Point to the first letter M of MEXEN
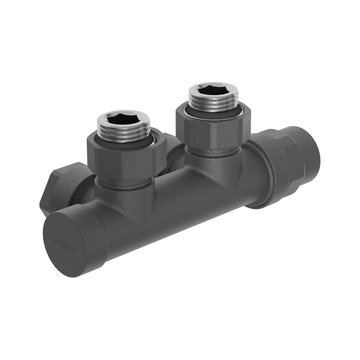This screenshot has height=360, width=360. point(54,240)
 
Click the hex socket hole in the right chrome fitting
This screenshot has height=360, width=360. point(213,90)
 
